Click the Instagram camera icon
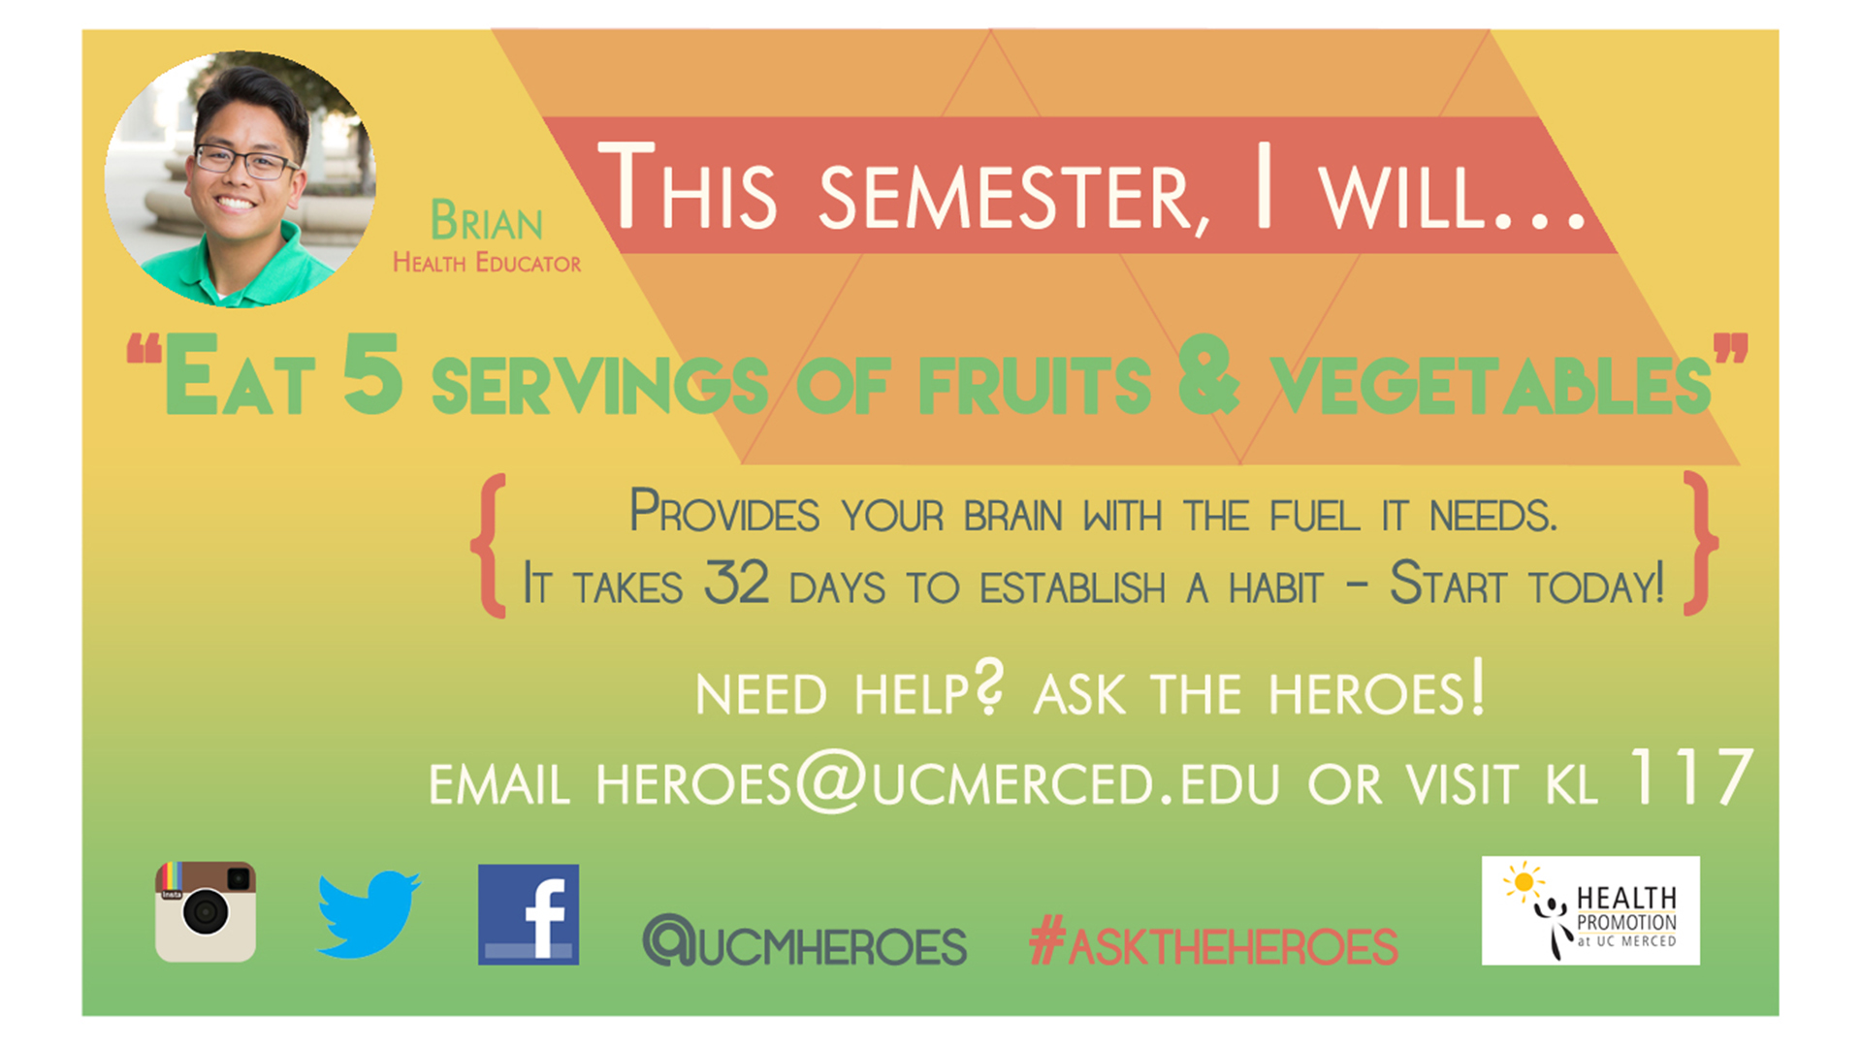206,911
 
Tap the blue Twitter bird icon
369,914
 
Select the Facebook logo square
529,914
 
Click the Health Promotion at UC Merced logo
1590,910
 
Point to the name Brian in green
486,221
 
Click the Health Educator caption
487,263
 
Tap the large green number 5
372,373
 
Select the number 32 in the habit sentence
736,583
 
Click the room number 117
1692,777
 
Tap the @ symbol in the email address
830,780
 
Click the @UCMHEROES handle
805,941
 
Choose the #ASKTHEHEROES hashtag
1213,942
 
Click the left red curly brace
490,545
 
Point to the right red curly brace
1699,544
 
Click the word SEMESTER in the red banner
1014,199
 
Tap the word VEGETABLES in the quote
1491,386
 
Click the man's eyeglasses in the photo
246,161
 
